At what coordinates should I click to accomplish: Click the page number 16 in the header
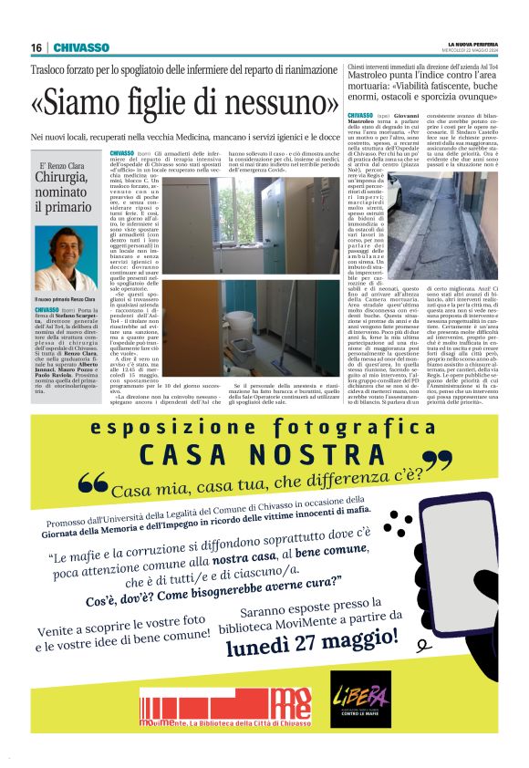point(36,47)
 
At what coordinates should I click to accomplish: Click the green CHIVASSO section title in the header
point(81,47)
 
